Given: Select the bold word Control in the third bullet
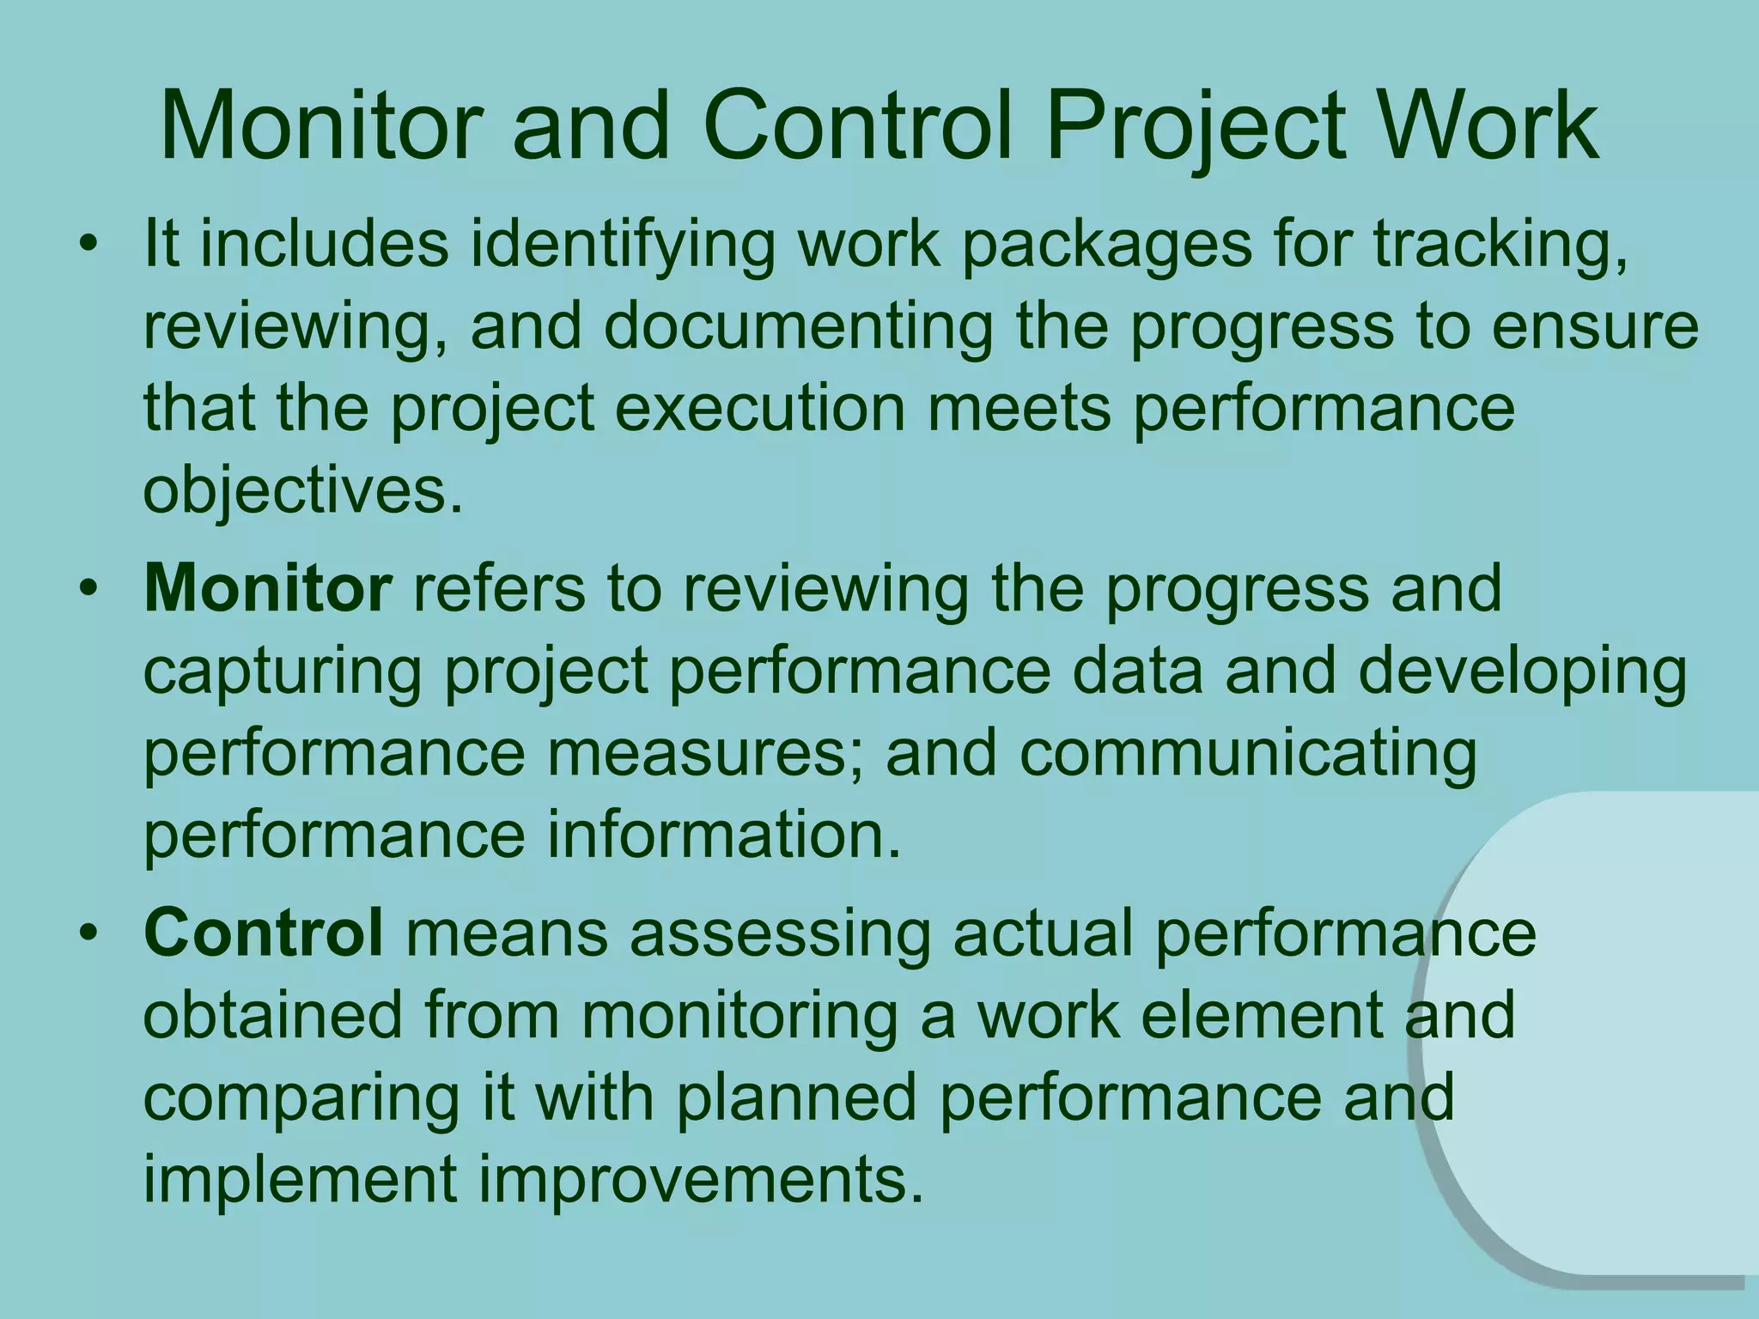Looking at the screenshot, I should coord(264,933).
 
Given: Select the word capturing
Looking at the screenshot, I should coord(283,673).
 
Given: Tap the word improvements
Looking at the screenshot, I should coord(701,1180).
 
